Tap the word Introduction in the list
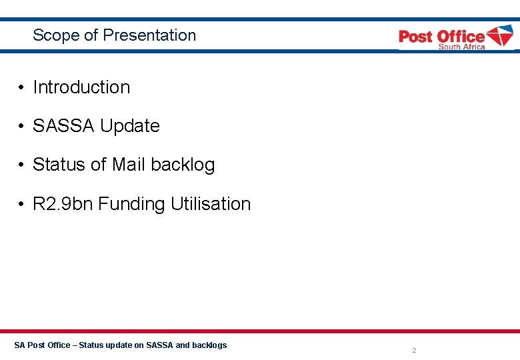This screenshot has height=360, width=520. point(81,87)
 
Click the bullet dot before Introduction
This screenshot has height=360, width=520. point(22,88)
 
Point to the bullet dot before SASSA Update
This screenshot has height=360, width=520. point(22,127)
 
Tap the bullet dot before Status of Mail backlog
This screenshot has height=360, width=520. point(22,165)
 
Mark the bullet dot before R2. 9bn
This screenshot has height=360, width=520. point(22,205)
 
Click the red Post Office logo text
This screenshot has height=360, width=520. point(441,36)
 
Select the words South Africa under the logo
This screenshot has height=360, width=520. point(461,47)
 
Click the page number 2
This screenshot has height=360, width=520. point(414,350)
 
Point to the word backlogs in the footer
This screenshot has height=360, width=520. point(209,345)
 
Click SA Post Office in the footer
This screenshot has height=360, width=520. point(41,345)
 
